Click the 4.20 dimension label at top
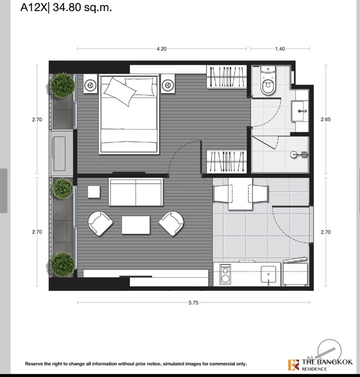click(162, 49)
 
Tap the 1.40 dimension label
click(280, 49)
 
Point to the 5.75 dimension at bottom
click(194, 303)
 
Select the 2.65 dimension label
click(326, 119)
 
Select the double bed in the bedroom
click(129, 114)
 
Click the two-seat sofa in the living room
click(136, 192)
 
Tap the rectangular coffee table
click(136, 225)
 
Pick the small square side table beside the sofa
click(94, 192)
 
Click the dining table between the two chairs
click(241, 194)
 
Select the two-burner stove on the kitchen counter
click(225, 274)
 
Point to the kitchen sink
click(268, 274)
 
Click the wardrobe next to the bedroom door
click(226, 161)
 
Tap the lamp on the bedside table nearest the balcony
click(90, 85)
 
